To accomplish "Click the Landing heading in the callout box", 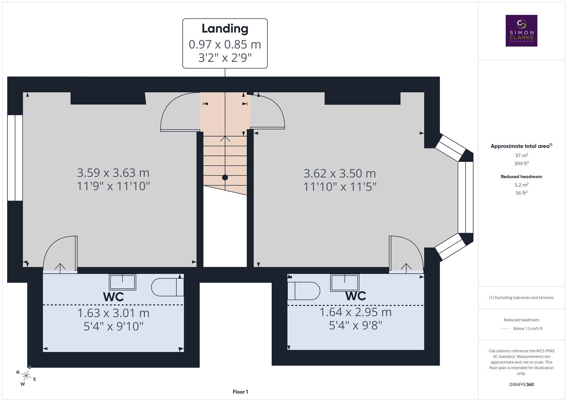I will pos(225,29).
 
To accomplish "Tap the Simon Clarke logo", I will pos(521,31).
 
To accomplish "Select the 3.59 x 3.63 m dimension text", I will pos(113,173).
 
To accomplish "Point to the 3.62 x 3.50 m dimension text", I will pos(340,173).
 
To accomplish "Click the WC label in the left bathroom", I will pos(113,297).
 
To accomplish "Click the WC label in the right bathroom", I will pos(355,296).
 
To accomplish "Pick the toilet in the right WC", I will pos(304,291).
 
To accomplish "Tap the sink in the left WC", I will pos(122,282).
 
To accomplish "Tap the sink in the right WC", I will pos(345,283).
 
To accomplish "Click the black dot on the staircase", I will pos(225,177).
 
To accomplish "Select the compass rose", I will pos(26,376).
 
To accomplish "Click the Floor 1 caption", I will pos(240,392).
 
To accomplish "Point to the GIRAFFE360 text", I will pos(521,384).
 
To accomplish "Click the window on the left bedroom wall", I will pos(15,158).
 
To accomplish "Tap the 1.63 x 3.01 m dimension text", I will pos(113,313).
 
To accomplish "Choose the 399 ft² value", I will pos(521,163).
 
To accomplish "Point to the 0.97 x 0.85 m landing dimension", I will pos(225,44).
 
